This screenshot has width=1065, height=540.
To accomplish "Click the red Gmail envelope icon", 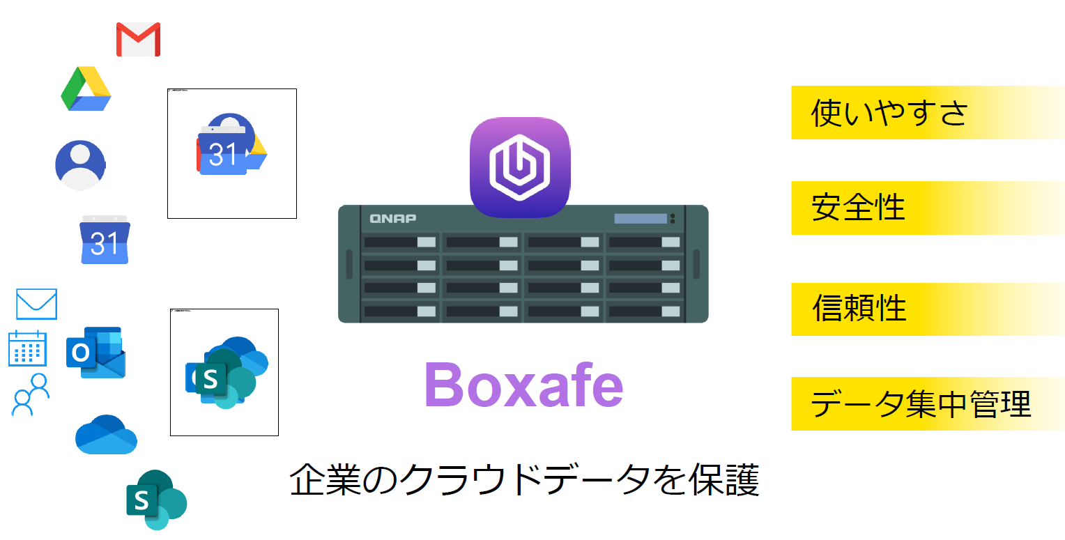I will (138, 39).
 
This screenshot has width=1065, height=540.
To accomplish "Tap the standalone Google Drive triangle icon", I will (86, 89).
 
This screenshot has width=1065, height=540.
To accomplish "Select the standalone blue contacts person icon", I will (80, 165).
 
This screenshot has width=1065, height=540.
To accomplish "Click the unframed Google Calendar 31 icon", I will (105, 240).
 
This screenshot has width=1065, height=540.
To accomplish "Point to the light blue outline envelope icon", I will (36, 304).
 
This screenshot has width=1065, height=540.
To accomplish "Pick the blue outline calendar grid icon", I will (27, 348).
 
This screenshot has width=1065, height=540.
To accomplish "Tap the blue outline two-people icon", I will (31, 394).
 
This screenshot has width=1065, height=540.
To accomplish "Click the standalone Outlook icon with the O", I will (95, 353).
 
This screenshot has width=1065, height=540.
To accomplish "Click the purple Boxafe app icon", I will (520, 167).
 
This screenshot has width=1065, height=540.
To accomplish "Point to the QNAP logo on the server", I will (393, 218).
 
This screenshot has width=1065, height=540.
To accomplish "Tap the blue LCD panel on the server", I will (640, 218).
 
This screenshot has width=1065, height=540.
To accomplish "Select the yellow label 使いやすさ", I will (889, 113).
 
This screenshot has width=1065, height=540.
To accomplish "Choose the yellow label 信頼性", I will (859, 309).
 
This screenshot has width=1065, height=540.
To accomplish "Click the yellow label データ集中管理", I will (920, 404).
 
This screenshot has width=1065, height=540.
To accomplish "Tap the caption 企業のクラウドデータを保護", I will (524, 481).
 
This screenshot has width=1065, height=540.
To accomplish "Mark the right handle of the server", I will (696, 263).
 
